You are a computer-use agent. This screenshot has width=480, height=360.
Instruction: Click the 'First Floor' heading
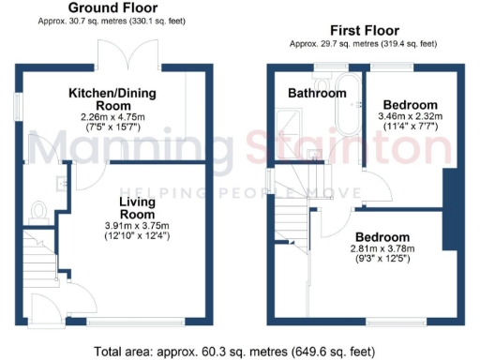click(x=357, y=29)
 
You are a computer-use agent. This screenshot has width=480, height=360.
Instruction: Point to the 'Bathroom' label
click(x=316, y=94)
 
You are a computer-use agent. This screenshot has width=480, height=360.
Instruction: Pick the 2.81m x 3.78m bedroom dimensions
click(x=382, y=254)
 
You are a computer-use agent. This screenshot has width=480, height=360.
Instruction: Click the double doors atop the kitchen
click(x=131, y=53)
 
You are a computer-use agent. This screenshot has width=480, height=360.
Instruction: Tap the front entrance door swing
click(x=43, y=306)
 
